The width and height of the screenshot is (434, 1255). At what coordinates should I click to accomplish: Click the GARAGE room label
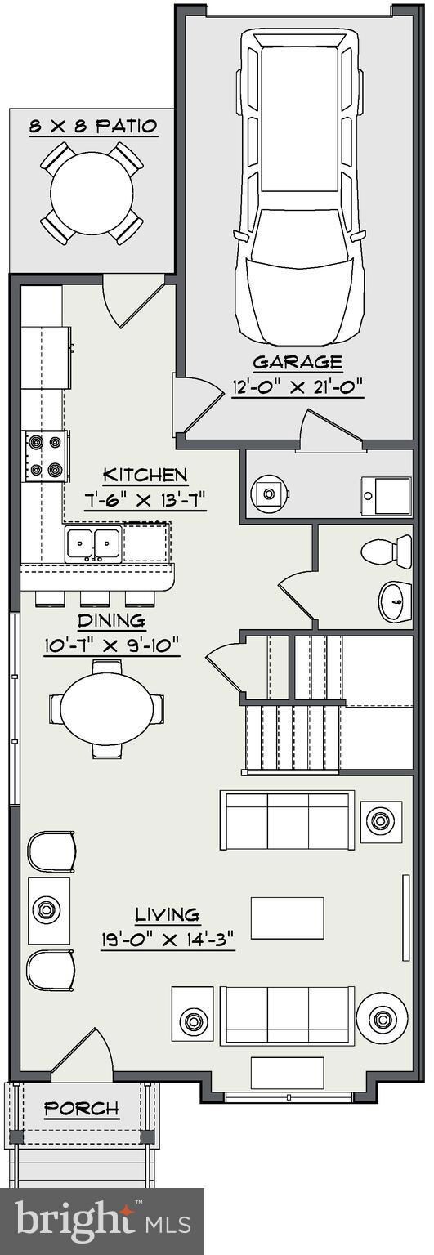(x=298, y=363)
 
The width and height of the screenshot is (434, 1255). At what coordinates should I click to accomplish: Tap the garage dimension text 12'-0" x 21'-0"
(x=298, y=386)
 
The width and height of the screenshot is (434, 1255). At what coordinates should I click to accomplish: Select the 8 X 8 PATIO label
(x=93, y=126)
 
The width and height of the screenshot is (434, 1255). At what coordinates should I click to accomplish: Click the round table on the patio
(x=92, y=193)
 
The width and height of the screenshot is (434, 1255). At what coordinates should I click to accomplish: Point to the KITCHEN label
(x=145, y=476)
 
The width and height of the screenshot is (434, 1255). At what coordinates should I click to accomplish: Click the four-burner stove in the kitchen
(x=46, y=456)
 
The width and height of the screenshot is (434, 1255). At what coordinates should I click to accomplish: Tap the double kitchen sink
(x=92, y=543)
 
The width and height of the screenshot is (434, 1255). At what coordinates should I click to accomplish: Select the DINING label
(x=111, y=621)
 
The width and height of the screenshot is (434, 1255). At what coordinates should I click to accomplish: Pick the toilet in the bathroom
(x=387, y=550)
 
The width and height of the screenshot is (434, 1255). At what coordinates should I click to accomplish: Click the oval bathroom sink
(x=396, y=601)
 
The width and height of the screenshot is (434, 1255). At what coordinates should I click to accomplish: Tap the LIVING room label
(x=168, y=915)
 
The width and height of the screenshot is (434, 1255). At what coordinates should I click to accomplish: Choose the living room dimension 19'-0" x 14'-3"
(x=168, y=939)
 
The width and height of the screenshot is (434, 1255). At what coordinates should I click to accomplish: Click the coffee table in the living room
(x=287, y=918)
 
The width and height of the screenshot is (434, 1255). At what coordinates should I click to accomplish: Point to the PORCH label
(x=82, y=1108)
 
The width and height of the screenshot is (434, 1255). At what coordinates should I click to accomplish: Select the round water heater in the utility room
(x=269, y=494)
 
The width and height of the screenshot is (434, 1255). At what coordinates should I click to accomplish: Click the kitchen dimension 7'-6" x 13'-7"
(x=145, y=500)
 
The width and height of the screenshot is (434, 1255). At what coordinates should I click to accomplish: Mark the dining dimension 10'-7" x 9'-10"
(x=112, y=645)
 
